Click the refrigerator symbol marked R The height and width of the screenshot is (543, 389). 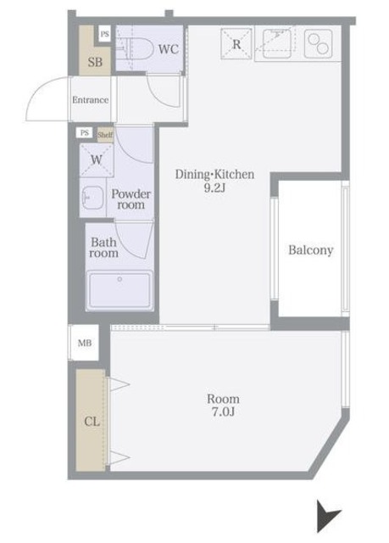[236, 44]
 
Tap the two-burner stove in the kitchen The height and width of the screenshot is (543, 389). [319, 43]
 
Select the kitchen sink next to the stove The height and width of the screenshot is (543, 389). [277, 43]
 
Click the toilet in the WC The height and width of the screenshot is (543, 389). [136, 48]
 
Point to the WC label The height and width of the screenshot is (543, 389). [169, 49]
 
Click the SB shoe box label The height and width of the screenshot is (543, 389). [95, 62]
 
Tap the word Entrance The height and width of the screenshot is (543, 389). [90, 100]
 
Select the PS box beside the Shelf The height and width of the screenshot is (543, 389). [85, 133]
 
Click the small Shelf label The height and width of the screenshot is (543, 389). [105, 135]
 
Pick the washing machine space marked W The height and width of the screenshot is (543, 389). [97, 160]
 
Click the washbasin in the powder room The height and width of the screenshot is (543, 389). [92, 198]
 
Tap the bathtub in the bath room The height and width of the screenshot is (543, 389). [119, 290]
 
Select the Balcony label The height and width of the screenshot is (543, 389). [311, 250]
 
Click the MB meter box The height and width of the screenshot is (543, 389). [85, 343]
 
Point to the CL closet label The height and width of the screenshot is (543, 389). [92, 422]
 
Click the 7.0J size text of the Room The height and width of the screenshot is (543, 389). [223, 412]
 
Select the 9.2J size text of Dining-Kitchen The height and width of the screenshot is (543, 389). [214, 188]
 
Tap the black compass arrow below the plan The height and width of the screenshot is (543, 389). [328, 516]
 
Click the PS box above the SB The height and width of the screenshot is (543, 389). [104, 34]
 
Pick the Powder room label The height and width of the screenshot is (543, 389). [131, 199]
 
